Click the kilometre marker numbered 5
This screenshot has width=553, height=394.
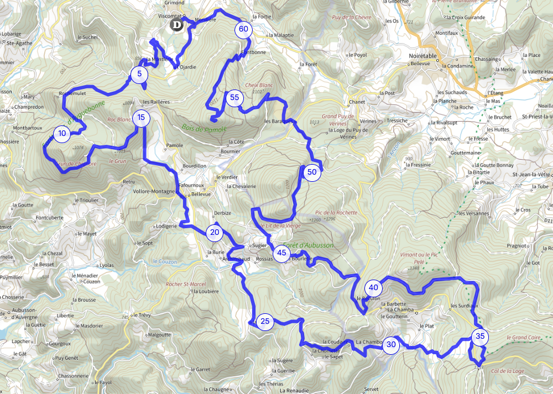(139, 73)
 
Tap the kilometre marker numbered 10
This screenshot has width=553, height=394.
(62, 133)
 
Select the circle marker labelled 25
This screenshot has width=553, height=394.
(265, 322)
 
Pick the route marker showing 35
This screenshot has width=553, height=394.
(479, 336)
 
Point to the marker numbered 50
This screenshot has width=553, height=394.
(312, 172)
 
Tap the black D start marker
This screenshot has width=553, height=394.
(177, 25)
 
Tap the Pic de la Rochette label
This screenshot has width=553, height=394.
(336, 212)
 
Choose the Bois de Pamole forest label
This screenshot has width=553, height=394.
(196, 128)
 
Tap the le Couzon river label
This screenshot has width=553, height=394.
(165, 261)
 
